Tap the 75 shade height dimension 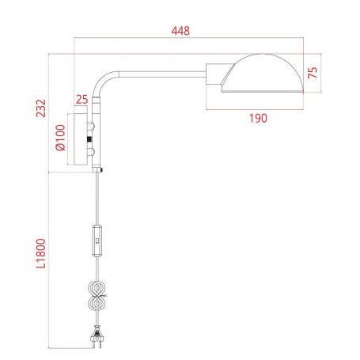pos(313,73)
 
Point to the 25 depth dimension pos(81,100)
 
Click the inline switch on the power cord pos(97,240)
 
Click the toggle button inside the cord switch pos(97,235)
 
